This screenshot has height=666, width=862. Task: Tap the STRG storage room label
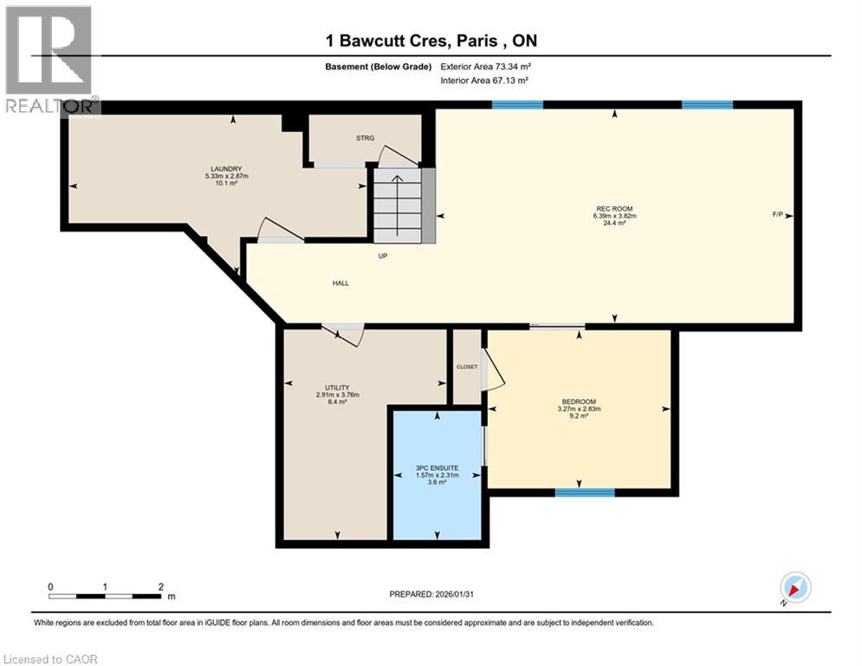coord(364,138)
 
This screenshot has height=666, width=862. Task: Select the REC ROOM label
coord(614,209)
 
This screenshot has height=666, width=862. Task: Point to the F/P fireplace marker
coord(779,214)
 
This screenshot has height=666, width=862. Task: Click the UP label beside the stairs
coord(382,256)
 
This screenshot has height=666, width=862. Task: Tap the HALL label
coord(340,284)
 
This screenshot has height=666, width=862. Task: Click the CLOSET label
coord(467,367)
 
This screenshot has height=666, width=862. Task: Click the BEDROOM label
coord(580,402)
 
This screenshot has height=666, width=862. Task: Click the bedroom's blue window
coord(585,493)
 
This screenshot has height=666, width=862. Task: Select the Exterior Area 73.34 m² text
coord(485,66)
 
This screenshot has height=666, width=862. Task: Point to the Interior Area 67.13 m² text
coord(484,80)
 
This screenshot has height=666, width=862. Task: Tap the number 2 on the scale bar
coord(161,587)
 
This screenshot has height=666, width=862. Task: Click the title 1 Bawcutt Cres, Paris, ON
coord(431,41)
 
